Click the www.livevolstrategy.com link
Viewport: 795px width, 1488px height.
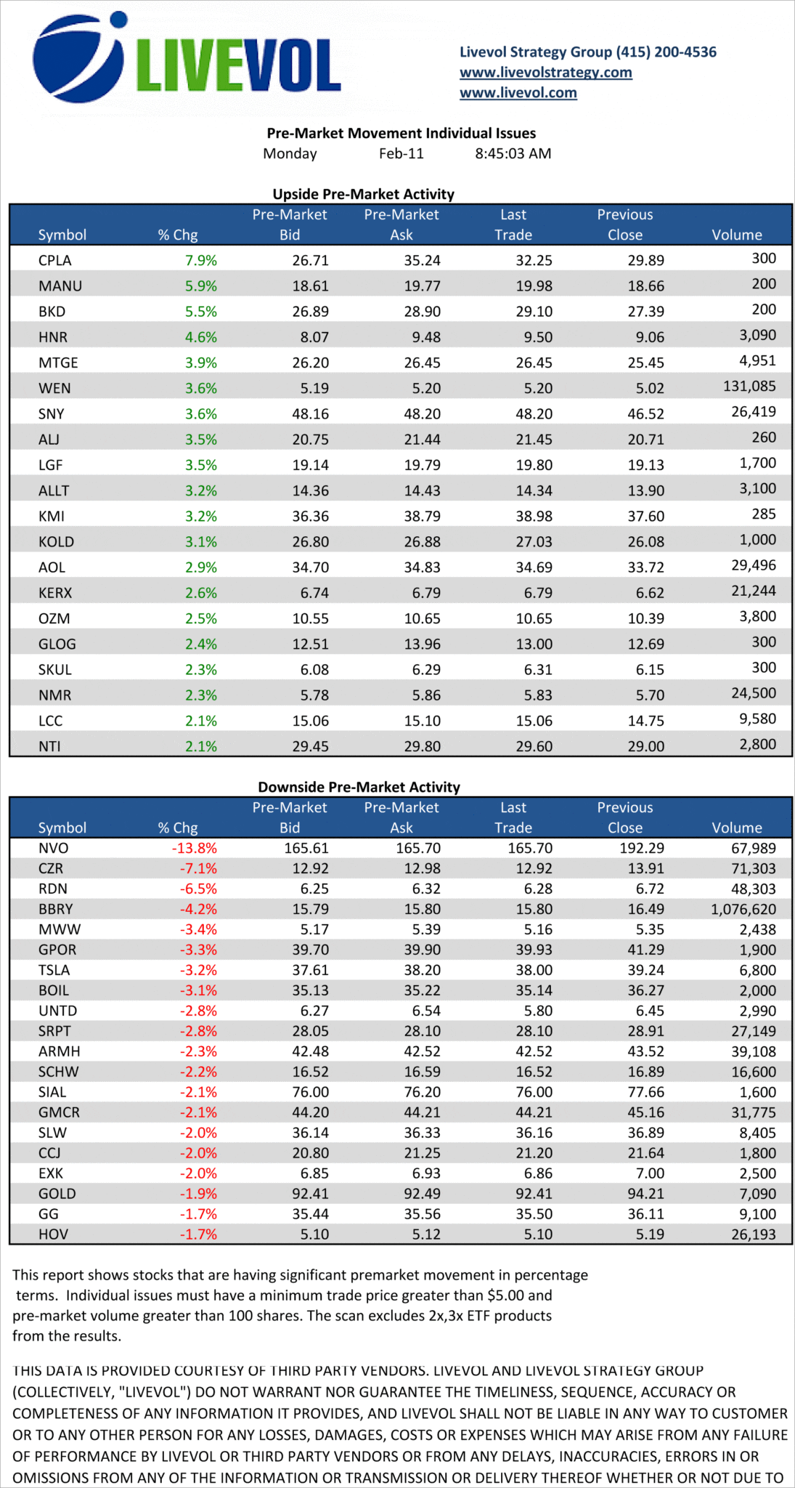[x=545, y=73]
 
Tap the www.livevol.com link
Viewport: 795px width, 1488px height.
[x=518, y=93]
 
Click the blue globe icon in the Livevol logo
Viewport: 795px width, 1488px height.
[x=78, y=58]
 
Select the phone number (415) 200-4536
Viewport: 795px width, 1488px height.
[x=666, y=52]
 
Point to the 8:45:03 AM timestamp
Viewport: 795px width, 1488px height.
[x=513, y=154]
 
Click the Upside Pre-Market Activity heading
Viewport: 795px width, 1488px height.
[x=363, y=194]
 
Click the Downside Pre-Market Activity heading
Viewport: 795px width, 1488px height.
[x=359, y=787]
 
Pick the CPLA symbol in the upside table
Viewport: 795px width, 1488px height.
[x=55, y=260]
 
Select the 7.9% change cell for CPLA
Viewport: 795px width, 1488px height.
[x=201, y=260]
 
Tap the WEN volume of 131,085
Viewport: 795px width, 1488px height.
[x=749, y=387]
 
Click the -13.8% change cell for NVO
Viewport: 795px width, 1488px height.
[x=195, y=848]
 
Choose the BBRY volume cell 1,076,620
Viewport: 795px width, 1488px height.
[x=743, y=909]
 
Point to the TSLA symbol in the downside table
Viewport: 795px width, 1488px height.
[x=54, y=970]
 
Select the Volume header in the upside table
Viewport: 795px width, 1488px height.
[x=736, y=235]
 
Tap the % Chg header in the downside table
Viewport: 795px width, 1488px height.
[x=178, y=828]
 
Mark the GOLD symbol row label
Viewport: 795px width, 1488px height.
[x=57, y=1194]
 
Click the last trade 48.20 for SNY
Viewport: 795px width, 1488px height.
[x=534, y=414]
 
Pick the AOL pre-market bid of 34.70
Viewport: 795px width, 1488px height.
[x=310, y=567]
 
